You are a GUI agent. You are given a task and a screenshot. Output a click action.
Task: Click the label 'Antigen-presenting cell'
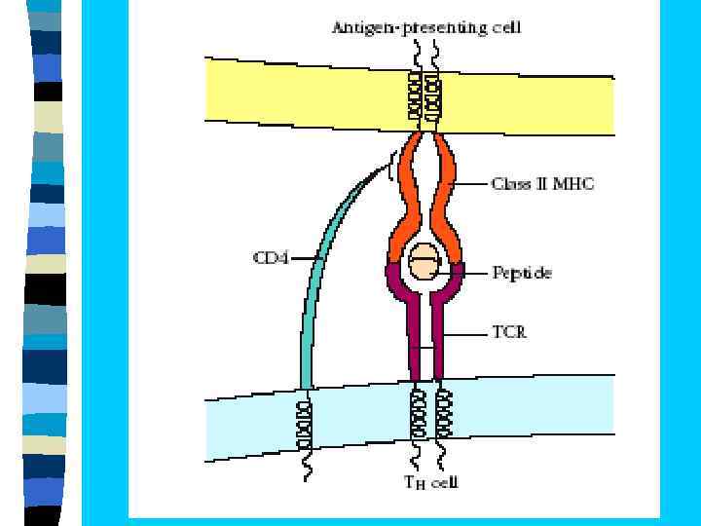pyautogui.click(x=426, y=27)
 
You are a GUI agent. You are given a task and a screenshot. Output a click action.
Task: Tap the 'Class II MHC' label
pyautogui.click(x=543, y=183)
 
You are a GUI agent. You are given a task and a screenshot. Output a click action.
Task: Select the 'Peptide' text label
pyautogui.click(x=522, y=273)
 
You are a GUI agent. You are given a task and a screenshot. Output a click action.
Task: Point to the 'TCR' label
pyautogui.click(x=509, y=332)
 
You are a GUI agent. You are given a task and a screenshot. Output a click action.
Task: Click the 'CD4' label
pyautogui.click(x=271, y=258)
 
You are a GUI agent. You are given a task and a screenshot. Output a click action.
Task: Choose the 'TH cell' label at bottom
pyautogui.click(x=430, y=481)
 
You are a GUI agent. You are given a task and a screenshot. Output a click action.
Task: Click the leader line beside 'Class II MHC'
pyautogui.click(x=472, y=183)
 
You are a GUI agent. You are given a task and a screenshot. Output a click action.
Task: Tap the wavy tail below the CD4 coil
pyautogui.click(x=308, y=465)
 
